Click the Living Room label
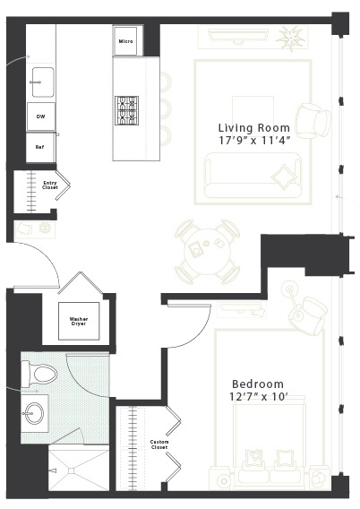(x=254, y=127)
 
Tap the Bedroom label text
(x=258, y=384)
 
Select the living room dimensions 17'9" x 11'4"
(x=254, y=141)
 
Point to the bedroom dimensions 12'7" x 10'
(x=259, y=397)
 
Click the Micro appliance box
(x=126, y=41)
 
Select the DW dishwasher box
(x=41, y=116)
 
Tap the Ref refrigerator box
(x=40, y=147)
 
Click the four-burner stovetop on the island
(x=126, y=111)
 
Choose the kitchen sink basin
(x=43, y=82)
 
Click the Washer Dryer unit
(x=79, y=321)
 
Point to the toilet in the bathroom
(x=39, y=375)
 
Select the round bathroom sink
(x=34, y=413)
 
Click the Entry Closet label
(x=50, y=185)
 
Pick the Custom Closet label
(x=159, y=444)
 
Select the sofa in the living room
(x=253, y=176)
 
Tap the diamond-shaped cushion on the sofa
(x=284, y=177)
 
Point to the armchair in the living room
(x=313, y=121)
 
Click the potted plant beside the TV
(x=290, y=38)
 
